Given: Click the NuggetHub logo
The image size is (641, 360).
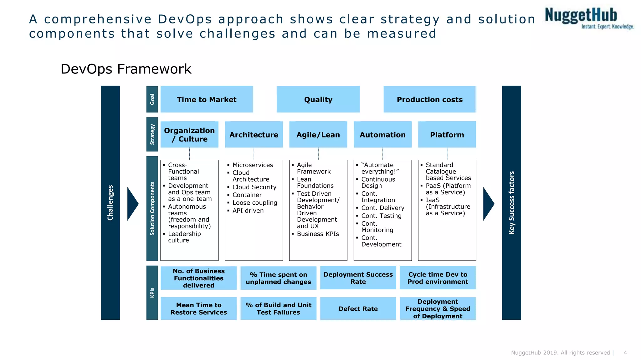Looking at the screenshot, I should (x=588, y=18).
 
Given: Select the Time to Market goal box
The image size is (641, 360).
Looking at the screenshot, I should (x=207, y=99).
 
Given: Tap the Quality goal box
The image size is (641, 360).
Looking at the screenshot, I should (x=318, y=99).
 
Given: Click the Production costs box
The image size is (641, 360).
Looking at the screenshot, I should (x=429, y=99).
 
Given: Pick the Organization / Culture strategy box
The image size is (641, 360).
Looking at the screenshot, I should (x=189, y=135).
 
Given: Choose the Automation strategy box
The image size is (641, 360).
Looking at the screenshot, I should (x=382, y=135).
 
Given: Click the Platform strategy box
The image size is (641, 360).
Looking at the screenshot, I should (x=447, y=135).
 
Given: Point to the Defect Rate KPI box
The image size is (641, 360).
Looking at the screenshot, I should (x=358, y=309).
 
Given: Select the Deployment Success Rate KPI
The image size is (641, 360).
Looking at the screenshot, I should (x=358, y=278).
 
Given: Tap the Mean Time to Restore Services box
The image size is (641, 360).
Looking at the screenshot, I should (x=199, y=309).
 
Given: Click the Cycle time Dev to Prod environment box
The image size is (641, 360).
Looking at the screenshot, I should (x=438, y=278).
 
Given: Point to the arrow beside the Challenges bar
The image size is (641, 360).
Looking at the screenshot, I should (x=132, y=204).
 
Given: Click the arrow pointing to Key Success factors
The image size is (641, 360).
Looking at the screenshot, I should (x=488, y=204).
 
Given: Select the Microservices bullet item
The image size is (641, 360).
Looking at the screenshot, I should (x=252, y=165).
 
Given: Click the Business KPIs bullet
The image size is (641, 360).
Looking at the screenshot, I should (x=318, y=234).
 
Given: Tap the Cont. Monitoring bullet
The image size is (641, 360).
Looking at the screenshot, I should (x=377, y=227).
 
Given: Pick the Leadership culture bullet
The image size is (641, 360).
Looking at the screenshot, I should (x=184, y=237).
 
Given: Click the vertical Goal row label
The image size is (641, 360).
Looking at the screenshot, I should (x=152, y=99).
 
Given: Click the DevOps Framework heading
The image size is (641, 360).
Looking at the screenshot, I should (x=126, y=69).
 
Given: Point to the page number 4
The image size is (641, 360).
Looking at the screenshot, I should (x=625, y=352).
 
